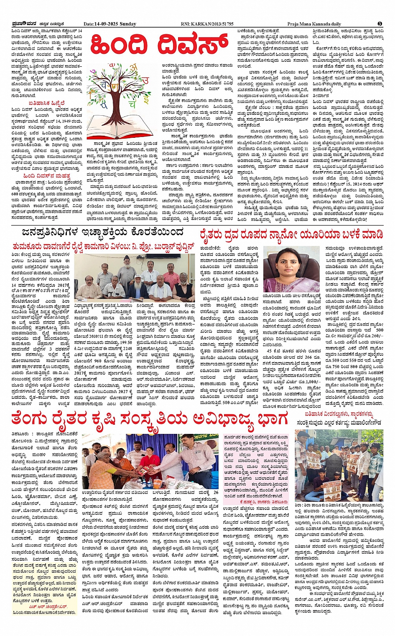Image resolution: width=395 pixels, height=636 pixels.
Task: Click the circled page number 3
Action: (x=380, y=24)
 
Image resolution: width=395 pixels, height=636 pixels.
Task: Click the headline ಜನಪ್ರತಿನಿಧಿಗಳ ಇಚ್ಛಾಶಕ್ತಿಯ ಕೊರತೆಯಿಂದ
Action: (x=103, y=232)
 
